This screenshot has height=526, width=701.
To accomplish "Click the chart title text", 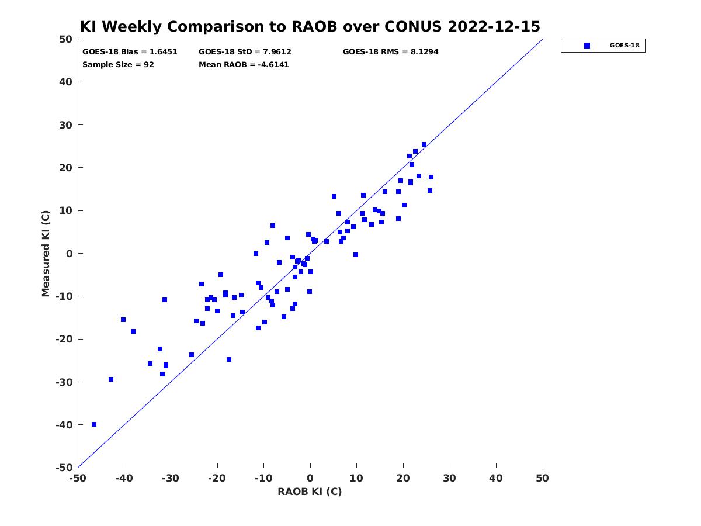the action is pos(310,26).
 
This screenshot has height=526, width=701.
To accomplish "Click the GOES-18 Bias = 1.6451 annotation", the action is pos(130,52).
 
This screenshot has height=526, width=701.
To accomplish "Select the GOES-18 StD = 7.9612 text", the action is pos(245,52).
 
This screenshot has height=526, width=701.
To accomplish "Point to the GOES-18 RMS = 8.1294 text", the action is pos(390,52).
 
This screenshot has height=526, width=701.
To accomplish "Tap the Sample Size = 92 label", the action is pos(118,64).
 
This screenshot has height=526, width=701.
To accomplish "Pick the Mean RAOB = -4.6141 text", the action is pos(244,64).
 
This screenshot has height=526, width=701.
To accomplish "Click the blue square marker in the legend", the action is pos(587,46).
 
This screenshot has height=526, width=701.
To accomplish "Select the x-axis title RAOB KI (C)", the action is pos(310,492).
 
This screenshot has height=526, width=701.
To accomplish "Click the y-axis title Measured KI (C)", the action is pos(46,253).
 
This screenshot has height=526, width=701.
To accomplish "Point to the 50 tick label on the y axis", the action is pos(66,39).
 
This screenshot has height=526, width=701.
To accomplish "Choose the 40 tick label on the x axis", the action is pos(496,478).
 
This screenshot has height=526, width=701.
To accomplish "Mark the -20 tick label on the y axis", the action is pos(64,339).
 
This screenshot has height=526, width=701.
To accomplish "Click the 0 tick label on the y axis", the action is pos(70,253).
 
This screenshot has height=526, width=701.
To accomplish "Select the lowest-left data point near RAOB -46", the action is pos(94,424).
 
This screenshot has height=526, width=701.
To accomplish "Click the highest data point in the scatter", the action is pos(424,144).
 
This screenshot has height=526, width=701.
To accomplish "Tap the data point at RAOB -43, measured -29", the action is pos(111,379).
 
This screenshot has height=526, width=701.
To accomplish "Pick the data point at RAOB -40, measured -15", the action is pos(123,320).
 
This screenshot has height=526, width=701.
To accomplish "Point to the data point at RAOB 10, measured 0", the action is pos(355,255).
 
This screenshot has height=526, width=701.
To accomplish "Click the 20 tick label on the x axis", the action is pos(403,478).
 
